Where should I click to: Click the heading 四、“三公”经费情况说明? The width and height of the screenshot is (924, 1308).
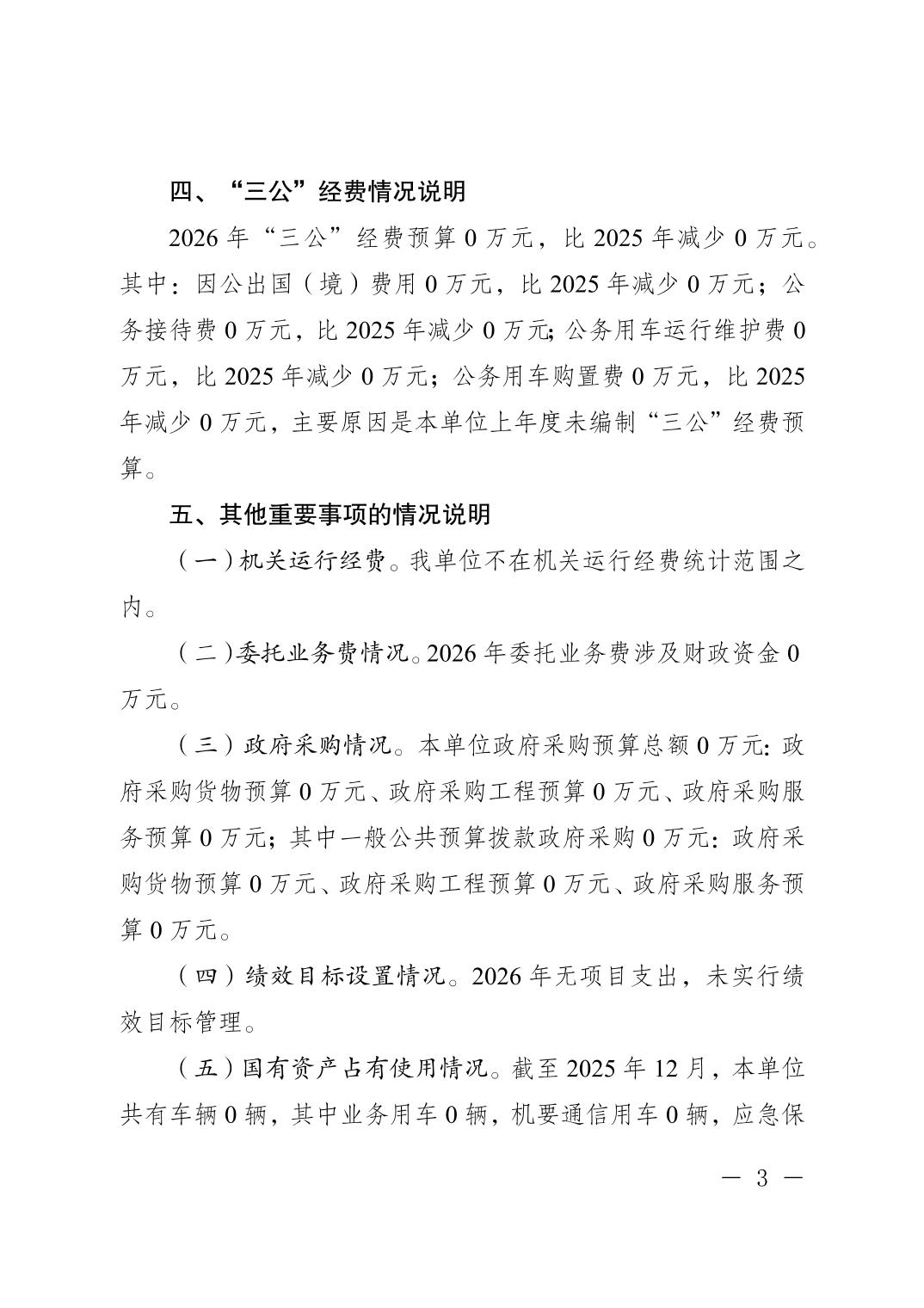point(317,191)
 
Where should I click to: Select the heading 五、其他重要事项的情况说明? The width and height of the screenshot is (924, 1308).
point(330,515)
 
